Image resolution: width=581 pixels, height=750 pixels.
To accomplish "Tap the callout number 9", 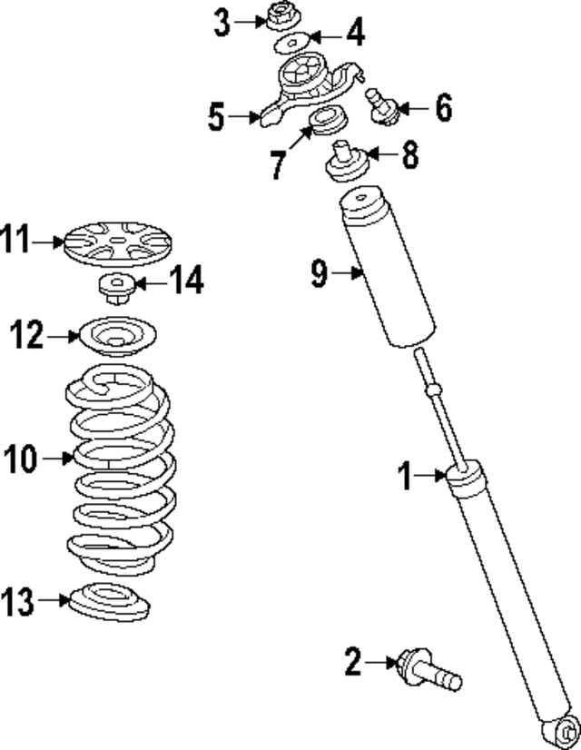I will (x=320, y=273).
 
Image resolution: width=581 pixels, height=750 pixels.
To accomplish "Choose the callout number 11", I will (x=16, y=242).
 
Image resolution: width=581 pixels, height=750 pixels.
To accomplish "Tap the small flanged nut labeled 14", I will (x=115, y=288).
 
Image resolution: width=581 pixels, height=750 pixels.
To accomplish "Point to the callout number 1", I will (x=408, y=475).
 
